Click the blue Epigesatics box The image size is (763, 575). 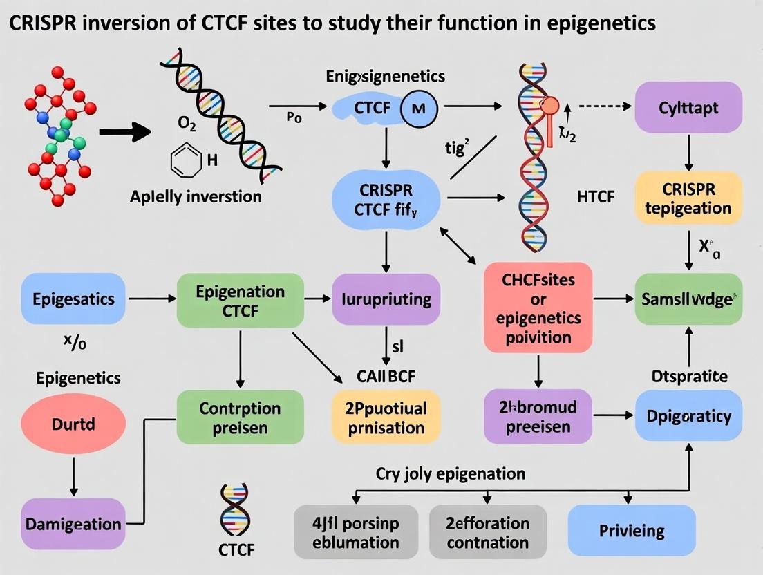pyautogui.click(x=73, y=299)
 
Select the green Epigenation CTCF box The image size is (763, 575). pyautogui.click(x=240, y=299)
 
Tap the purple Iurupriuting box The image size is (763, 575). pyautogui.click(x=386, y=299)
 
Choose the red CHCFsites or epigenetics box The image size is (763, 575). pyautogui.click(x=538, y=308)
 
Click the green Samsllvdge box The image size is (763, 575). pyautogui.click(x=688, y=299)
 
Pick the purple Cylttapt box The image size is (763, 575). pyautogui.click(x=688, y=108)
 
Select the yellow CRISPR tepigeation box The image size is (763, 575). pyautogui.click(x=688, y=198)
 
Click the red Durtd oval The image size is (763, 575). pyautogui.click(x=73, y=424)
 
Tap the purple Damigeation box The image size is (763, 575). pyautogui.click(x=73, y=524)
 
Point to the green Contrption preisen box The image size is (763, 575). pyautogui.click(x=240, y=417)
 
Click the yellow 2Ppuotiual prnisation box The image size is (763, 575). pyautogui.click(x=386, y=417)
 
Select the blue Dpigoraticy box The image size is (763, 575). pyautogui.click(x=688, y=415)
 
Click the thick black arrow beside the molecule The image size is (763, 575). pyautogui.click(x=125, y=130)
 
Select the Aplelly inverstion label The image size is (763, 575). pyautogui.click(x=196, y=196)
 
